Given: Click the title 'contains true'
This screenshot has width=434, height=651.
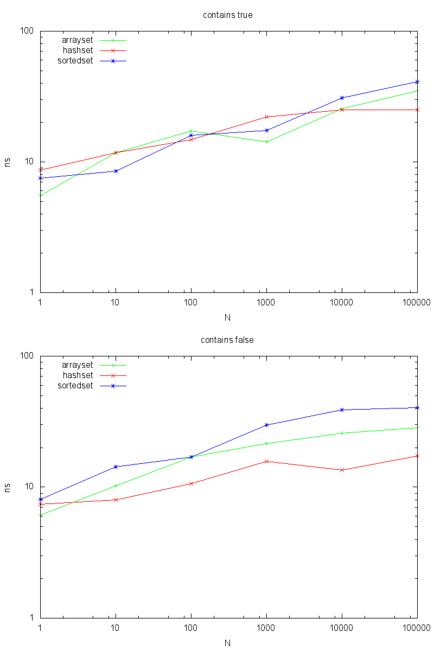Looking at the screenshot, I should click(227, 15).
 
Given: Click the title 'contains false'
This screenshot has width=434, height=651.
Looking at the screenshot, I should click(227, 340).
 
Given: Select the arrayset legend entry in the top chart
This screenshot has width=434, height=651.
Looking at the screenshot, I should click(77, 40).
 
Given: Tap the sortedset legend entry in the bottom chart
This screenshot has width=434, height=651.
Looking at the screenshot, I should click(75, 386).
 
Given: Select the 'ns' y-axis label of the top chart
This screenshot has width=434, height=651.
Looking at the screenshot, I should click(8, 162).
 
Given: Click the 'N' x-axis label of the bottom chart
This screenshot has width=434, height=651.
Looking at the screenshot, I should click(228, 642).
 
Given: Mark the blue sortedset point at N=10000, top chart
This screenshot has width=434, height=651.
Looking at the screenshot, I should click(342, 98).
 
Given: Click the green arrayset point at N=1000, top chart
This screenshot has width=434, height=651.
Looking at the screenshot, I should click(266, 142).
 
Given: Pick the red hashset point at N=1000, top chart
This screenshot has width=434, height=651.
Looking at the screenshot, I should click(266, 117).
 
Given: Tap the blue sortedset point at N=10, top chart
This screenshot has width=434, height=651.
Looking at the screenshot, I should click(116, 171).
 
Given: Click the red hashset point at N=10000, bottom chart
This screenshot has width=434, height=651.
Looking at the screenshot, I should click(342, 470).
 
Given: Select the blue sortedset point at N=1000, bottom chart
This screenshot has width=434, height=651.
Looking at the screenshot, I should click(266, 425).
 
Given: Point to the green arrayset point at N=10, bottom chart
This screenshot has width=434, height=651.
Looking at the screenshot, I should click(116, 486).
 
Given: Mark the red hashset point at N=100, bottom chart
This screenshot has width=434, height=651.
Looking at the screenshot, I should click(191, 483).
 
